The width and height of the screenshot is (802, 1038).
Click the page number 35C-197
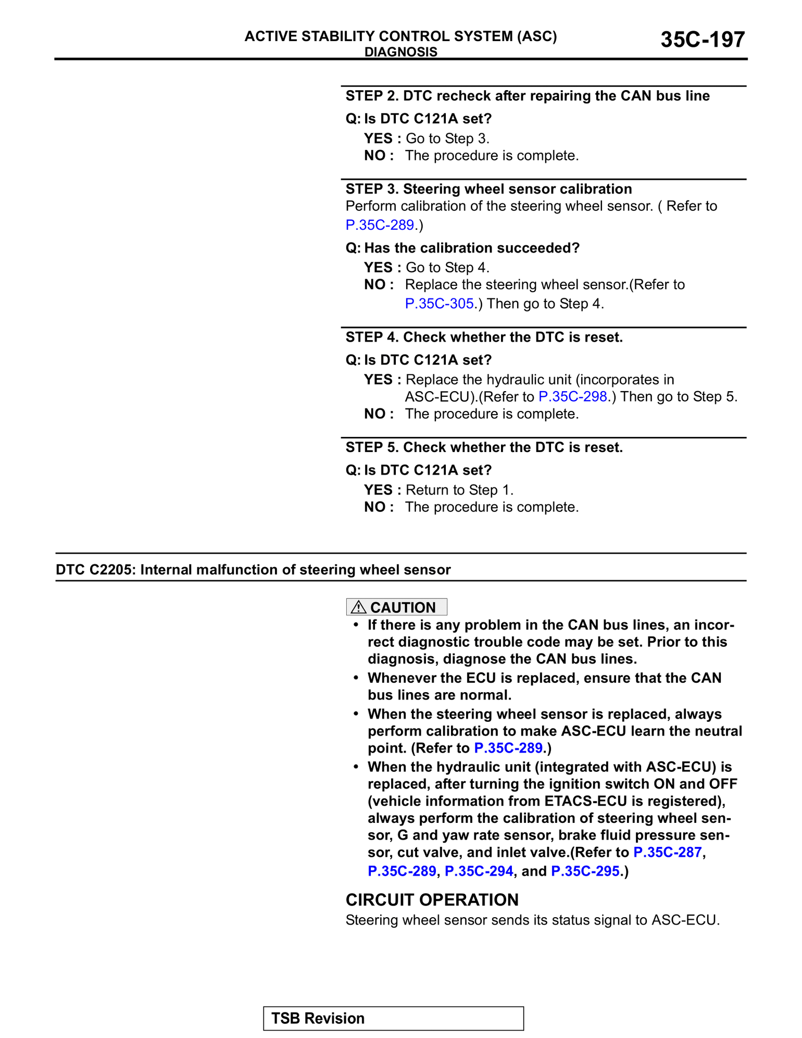(702, 40)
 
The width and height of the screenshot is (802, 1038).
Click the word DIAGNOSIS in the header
(400, 52)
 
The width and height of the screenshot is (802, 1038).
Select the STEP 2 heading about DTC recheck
(527, 96)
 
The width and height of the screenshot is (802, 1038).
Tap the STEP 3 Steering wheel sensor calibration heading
(488, 189)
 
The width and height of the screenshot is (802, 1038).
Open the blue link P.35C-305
(439, 304)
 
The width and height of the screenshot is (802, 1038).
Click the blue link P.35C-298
(572, 397)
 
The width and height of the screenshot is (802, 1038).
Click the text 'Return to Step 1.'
(459, 490)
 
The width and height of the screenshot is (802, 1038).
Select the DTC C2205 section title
(253, 570)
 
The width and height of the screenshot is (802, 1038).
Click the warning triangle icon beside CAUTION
(358, 607)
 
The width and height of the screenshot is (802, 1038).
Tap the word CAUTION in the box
(403, 608)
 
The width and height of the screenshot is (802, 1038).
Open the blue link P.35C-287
(667, 853)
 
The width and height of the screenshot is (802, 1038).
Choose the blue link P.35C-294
(479, 871)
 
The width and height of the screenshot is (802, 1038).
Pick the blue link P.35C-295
(585, 871)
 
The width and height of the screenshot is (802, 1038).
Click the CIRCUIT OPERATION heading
(432, 900)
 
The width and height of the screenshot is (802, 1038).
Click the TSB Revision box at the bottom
(393, 1018)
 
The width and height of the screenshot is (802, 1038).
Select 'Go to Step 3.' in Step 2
(447, 139)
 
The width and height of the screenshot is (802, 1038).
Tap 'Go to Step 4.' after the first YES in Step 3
(447, 268)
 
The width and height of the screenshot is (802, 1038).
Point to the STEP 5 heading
(484, 447)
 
